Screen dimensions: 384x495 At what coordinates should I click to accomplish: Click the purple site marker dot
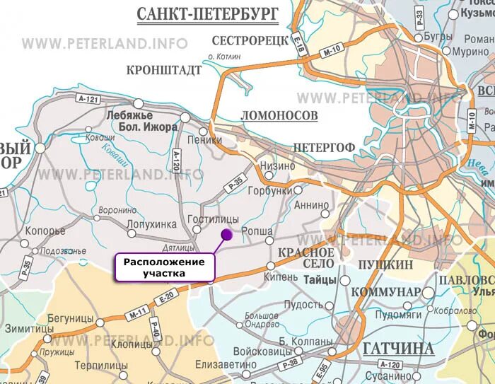[x=226, y=234]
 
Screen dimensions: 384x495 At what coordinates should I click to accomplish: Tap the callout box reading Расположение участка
[x=164, y=267]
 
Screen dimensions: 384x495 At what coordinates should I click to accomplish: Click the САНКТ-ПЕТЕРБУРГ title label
[x=206, y=13]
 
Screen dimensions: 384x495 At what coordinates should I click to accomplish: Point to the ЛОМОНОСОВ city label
[x=279, y=115]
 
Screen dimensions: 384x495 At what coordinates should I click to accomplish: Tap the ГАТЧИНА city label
[x=398, y=348]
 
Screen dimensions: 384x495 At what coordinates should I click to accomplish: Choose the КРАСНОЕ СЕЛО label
[x=307, y=258]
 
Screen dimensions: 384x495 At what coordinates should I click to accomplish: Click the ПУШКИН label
[x=385, y=264]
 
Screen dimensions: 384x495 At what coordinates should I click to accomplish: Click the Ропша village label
[x=257, y=231]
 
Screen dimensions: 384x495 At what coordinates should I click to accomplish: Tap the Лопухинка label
[x=151, y=223]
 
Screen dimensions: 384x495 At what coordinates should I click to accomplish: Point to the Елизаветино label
[x=228, y=364]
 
